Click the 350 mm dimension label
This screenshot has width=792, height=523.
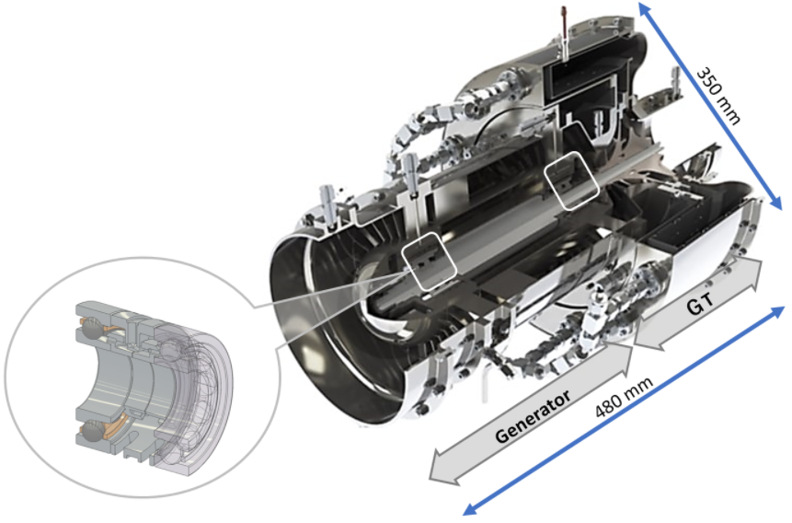pyautogui.click(x=718, y=96)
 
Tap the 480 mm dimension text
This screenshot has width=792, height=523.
pyautogui.click(x=625, y=397)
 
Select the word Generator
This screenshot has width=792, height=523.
pyautogui.click(x=533, y=416)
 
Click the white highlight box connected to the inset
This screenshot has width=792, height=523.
pyautogui.click(x=430, y=261)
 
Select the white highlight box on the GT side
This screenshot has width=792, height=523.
pyautogui.click(x=572, y=180)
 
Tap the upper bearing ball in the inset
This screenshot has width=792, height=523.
pyautogui.click(x=91, y=329)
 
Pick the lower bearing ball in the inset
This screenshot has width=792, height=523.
pyautogui.click(x=92, y=431)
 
